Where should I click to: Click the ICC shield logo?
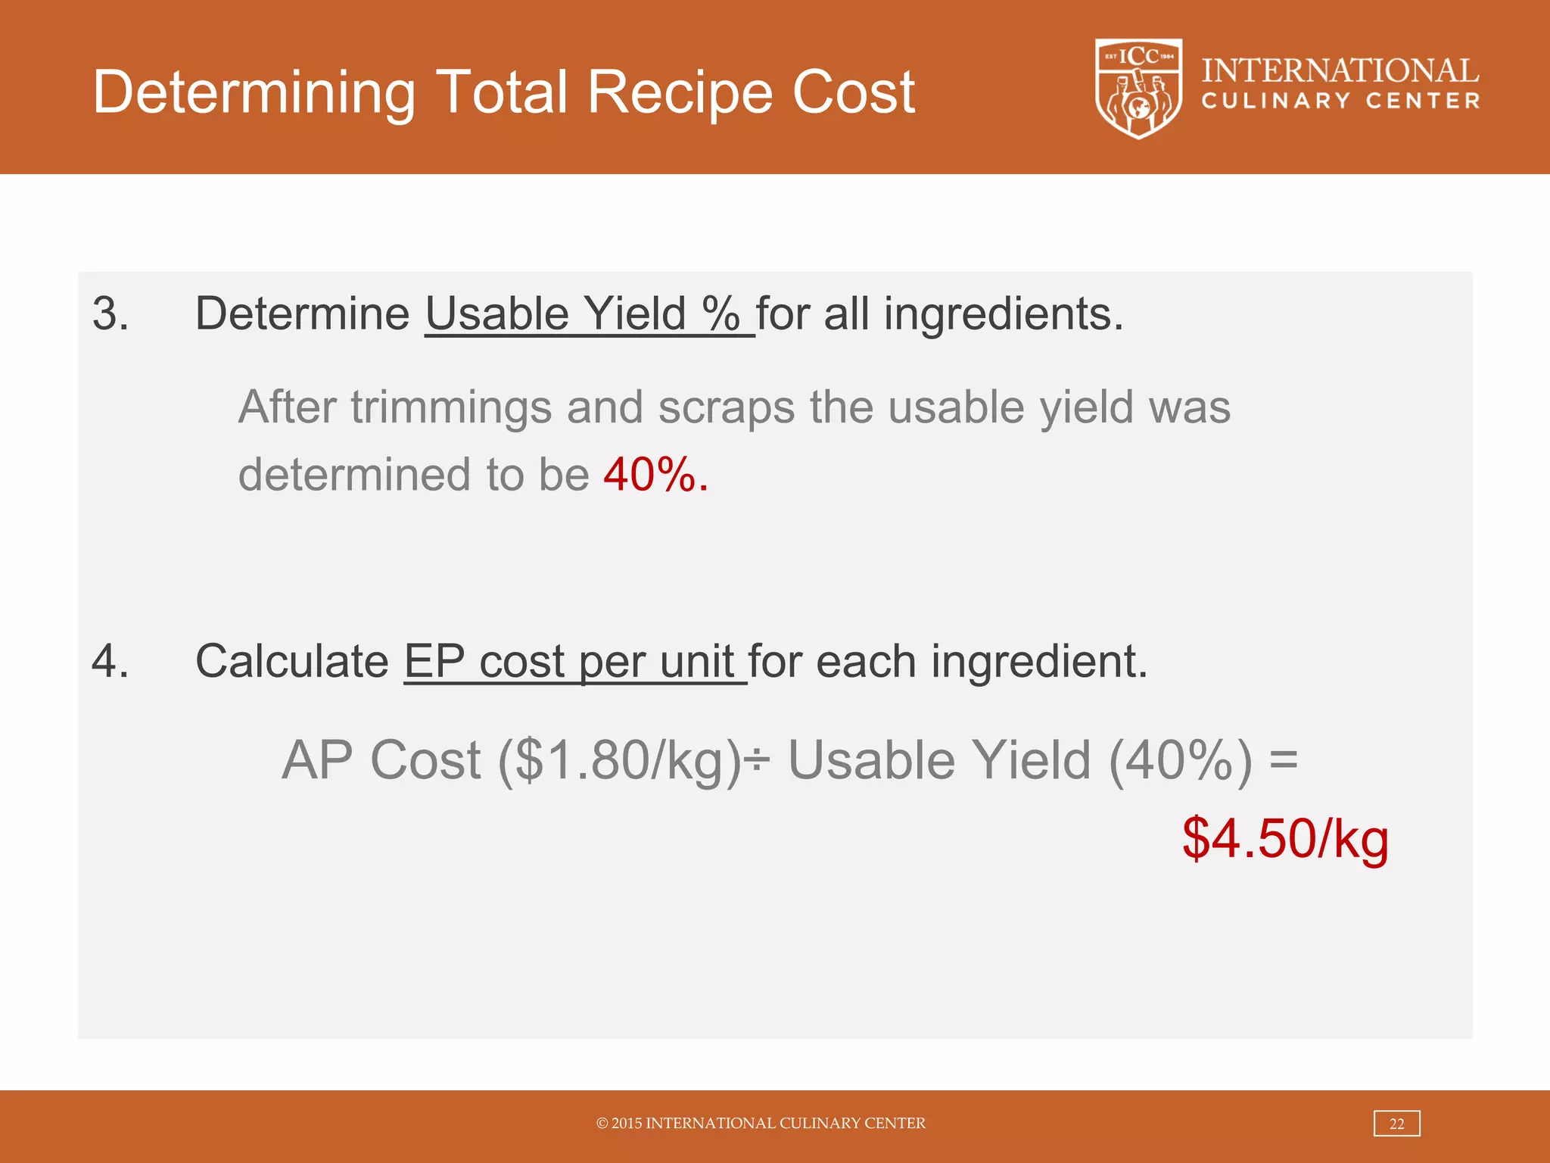pos(1138,89)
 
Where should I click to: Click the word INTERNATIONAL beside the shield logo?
pos(1340,71)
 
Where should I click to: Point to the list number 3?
pos(110,313)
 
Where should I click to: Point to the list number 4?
pos(110,660)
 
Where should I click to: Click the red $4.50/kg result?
pos(1285,839)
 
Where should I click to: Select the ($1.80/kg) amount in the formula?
pos(619,760)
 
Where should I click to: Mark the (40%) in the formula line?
pos(1181,760)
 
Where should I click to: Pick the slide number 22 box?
pos(1396,1124)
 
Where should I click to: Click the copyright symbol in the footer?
pos(602,1124)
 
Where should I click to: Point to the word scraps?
pos(726,407)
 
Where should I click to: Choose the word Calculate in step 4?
pos(292,662)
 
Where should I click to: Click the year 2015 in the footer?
pos(627,1124)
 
